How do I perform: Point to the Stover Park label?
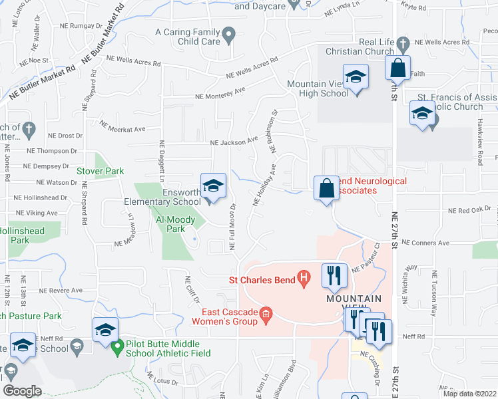(x=101, y=171)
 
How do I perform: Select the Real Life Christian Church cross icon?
(x=402, y=44)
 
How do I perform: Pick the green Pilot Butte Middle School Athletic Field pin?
(x=118, y=347)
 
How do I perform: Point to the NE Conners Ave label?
(x=425, y=243)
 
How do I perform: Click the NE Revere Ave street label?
(x=61, y=291)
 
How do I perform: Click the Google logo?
(x=22, y=391)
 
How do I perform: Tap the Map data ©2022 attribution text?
(x=469, y=393)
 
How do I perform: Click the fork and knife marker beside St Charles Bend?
(x=333, y=275)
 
